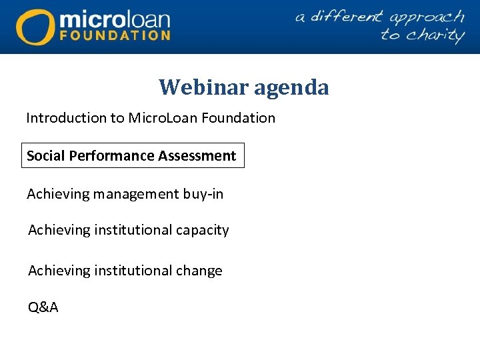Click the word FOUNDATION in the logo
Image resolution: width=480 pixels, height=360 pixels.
click(115, 35)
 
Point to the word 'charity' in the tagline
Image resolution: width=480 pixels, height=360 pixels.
click(422, 35)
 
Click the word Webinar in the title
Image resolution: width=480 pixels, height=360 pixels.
click(201, 87)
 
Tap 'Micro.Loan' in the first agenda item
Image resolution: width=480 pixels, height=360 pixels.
click(158, 118)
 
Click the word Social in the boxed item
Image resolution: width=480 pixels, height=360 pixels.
click(44, 156)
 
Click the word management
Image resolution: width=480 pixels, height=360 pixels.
click(136, 195)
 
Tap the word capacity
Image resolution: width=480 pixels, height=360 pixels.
click(202, 230)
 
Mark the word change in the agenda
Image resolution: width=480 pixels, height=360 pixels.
click(199, 271)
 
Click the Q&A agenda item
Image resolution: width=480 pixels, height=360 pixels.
click(43, 307)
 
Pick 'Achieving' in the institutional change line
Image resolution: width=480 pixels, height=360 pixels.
click(59, 271)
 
